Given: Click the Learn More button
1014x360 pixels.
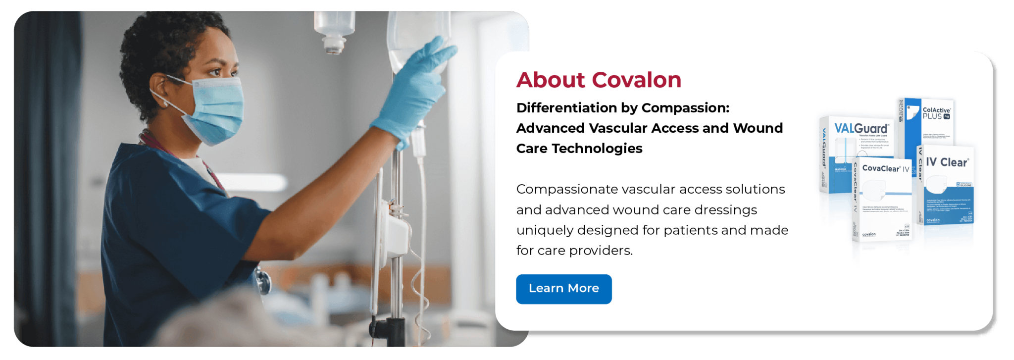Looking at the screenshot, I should (563, 289).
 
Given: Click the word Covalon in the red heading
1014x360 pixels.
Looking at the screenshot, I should (637, 80).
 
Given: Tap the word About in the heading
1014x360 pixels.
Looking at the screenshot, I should (551, 80).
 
